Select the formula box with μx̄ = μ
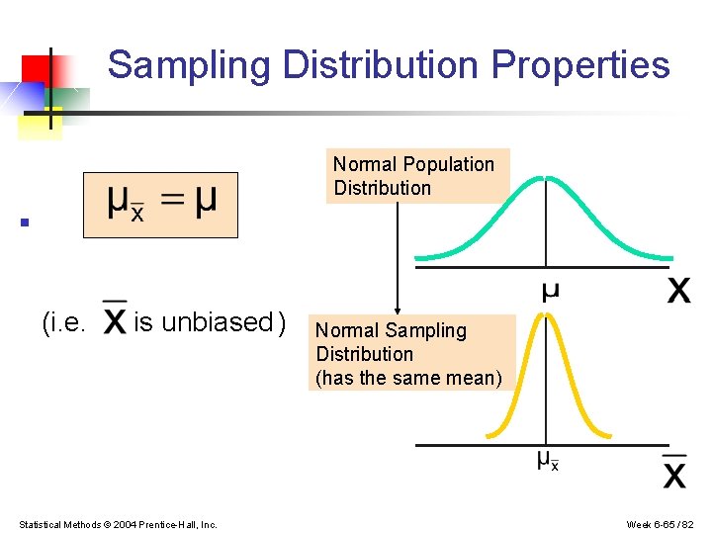[160, 206]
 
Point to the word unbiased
[217, 322]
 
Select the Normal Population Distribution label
[413, 176]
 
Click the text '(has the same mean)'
[408, 378]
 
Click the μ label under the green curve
[550, 291]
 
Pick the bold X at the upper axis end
[678, 291]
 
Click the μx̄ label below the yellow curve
[547, 460]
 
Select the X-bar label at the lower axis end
[674, 471]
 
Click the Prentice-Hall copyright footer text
[118, 524]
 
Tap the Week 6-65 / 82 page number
[660, 524]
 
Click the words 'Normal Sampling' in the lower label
[391, 330]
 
